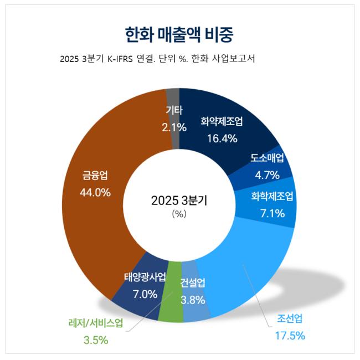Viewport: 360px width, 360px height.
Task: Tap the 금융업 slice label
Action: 95,176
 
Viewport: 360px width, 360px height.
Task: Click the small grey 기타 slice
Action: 173,100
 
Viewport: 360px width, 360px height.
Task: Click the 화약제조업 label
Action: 222,121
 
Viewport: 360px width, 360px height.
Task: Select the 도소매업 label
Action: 268,157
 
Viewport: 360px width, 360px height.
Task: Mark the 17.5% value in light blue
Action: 290,335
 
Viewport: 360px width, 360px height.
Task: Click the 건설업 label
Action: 193,284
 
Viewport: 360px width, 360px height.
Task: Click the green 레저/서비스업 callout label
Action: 92,323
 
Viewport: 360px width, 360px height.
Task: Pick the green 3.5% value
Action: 92,340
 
